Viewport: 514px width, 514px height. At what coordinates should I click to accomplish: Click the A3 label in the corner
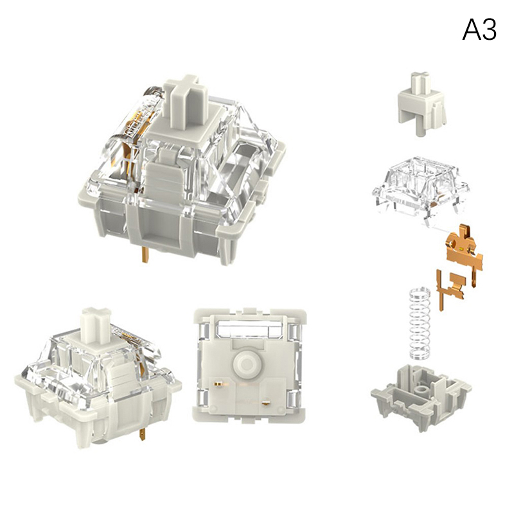[x=479, y=30]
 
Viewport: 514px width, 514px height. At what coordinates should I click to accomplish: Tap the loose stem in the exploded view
[x=422, y=103]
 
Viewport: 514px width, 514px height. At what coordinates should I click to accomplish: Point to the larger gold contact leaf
[x=465, y=250]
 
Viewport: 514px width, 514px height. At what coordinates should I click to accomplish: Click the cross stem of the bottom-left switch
[x=95, y=323]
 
